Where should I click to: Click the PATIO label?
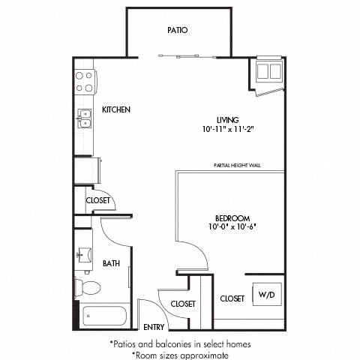click(177, 31)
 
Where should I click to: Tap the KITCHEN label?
click(116, 109)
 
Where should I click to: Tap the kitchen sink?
click(83, 118)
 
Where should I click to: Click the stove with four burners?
click(83, 80)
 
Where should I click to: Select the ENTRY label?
click(154, 327)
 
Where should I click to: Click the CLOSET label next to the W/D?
click(232, 298)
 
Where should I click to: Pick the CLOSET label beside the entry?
click(183, 304)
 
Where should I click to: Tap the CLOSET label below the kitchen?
click(98, 200)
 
